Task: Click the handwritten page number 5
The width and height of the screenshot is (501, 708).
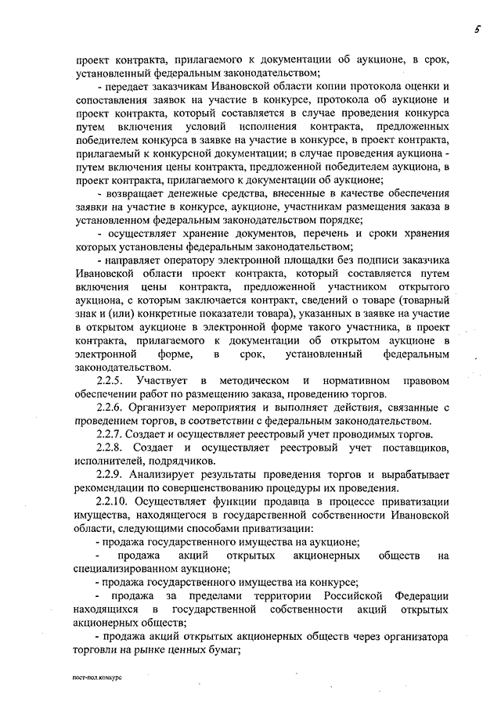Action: pos(474,30)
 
